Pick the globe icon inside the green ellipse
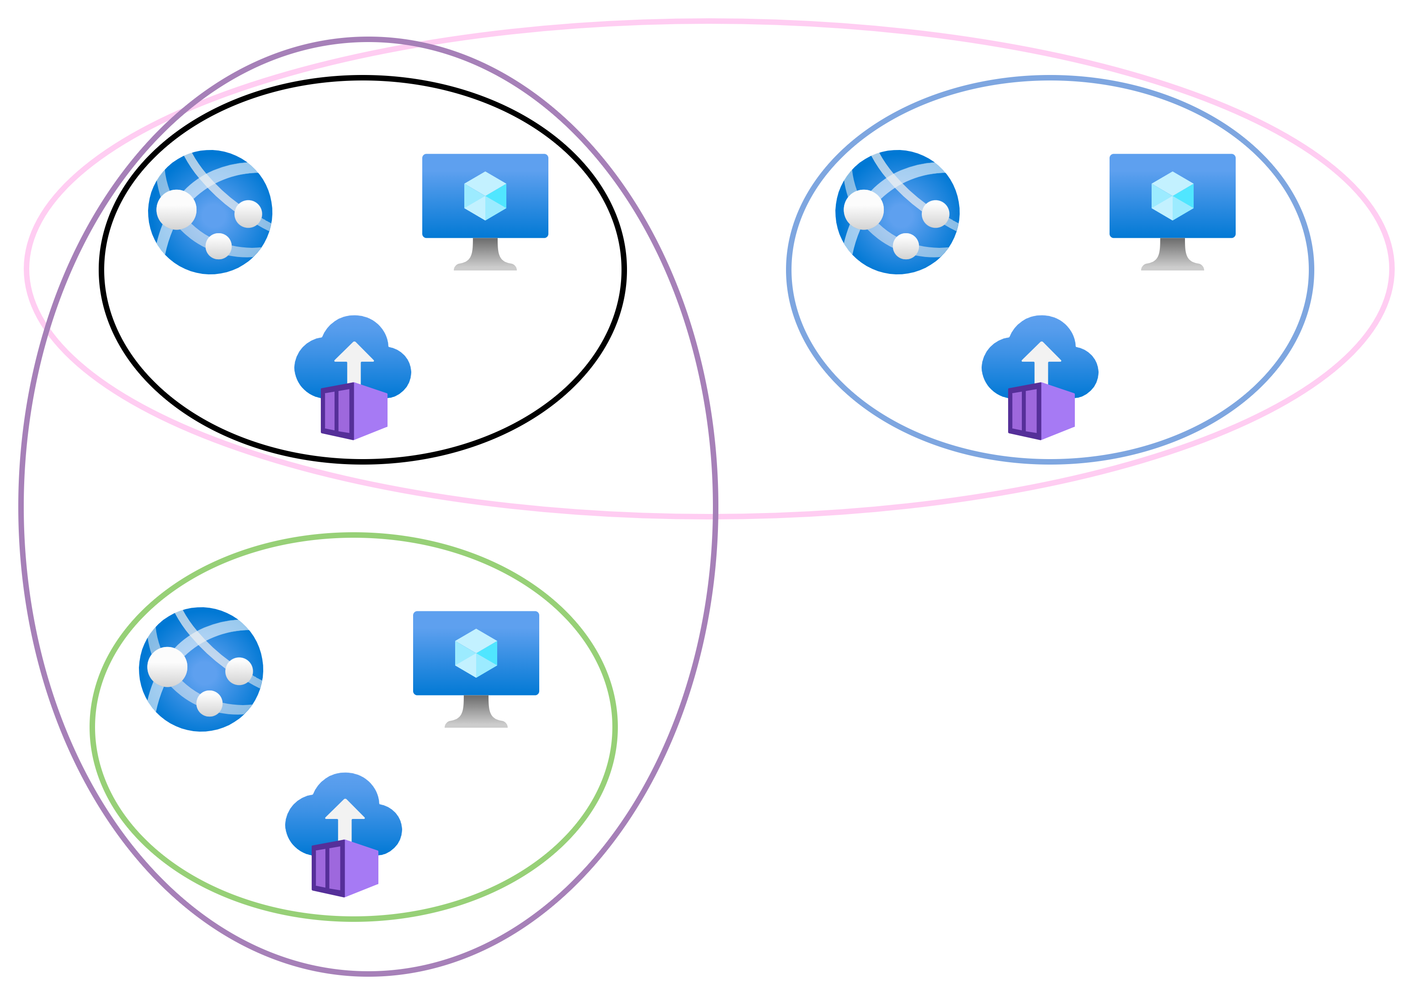[x=201, y=669]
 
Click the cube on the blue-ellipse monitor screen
[x=1172, y=196]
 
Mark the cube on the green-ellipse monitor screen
[x=476, y=653]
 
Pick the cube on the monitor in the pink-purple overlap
[x=485, y=196]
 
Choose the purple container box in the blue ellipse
[x=1041, y=411]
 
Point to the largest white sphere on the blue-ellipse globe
[x=863, y=209]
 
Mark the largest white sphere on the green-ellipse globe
[x=167, y=667]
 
